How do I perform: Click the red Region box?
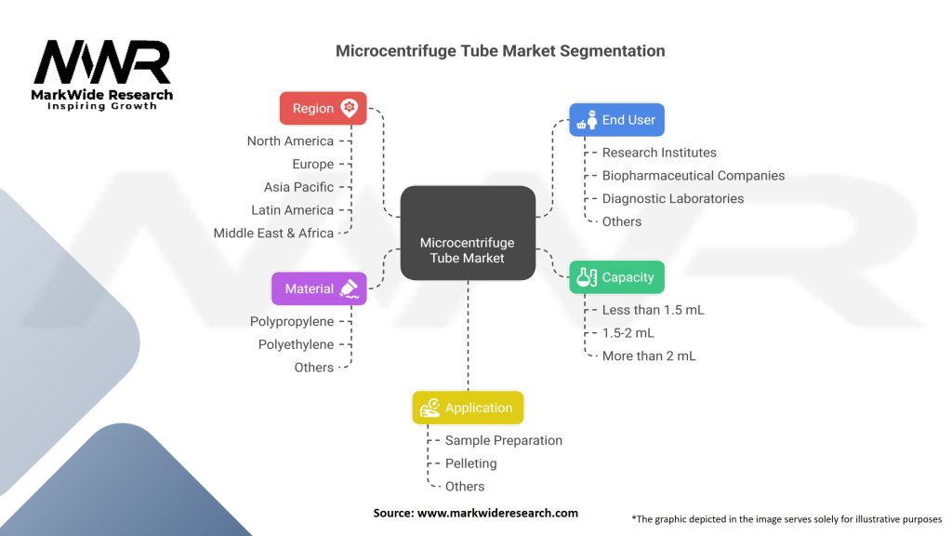coord(323,108)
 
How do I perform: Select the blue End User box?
coord(617,120)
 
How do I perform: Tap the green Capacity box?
coord(617,277)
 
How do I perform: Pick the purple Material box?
coord(320,288)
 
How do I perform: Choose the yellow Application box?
coord(469,408)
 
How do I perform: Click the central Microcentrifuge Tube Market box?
coord(469,234)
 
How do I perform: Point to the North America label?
coord(290,141)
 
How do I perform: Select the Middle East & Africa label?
coord(273,234)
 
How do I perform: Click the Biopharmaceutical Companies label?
coord(694,176)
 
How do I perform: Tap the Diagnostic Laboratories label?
coord(673,199)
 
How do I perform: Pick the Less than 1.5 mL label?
coord(654,310)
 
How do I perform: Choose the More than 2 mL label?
coord(649,356)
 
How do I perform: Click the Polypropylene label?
coord(292,321)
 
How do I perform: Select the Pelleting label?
coord(471,463)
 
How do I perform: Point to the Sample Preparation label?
coord(504,440)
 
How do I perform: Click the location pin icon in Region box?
coord(350,108)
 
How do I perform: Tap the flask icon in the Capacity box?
coord(587,277)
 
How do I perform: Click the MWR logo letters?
coord(102,62)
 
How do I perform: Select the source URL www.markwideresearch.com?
coord(498,513)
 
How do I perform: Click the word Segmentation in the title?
coord(613,51)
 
